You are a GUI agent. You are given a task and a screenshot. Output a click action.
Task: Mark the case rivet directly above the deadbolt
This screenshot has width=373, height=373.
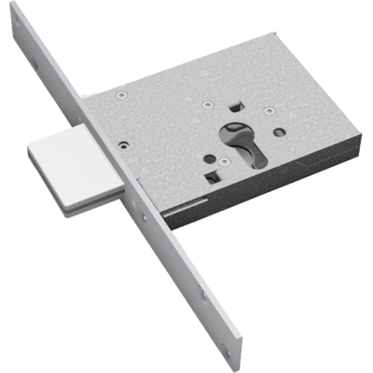coord(122,145)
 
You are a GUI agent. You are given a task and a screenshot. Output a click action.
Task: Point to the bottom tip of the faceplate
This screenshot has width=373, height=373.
coord(241,369)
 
